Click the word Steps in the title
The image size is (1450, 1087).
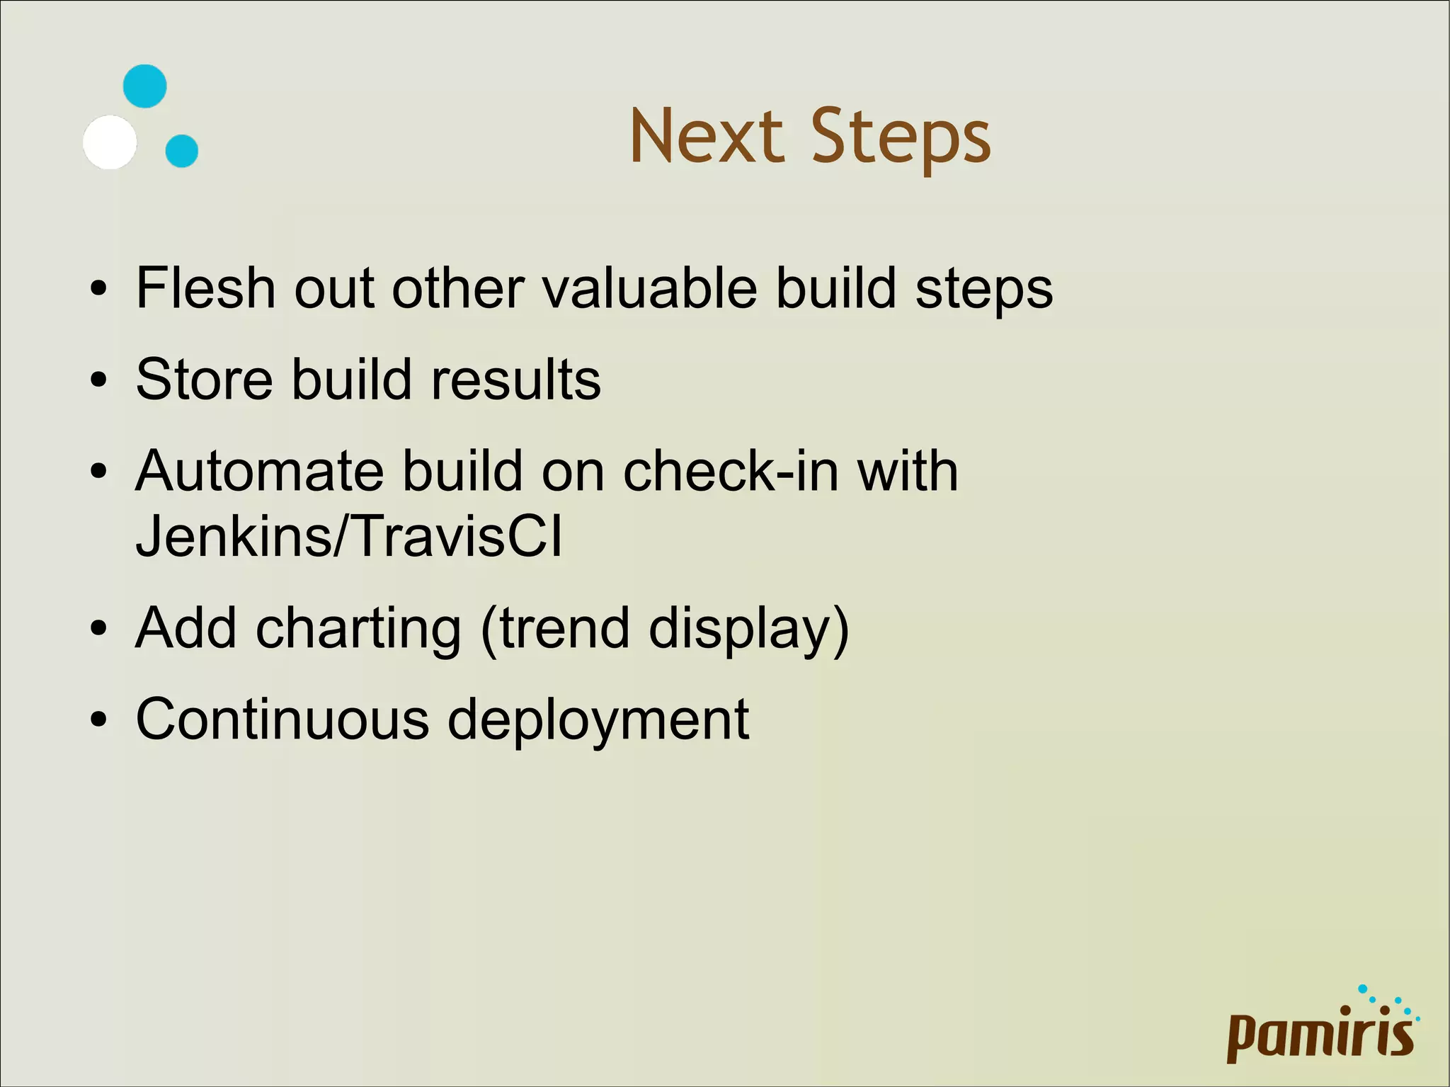coord(900,139)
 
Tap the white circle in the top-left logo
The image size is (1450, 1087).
coord(110,142)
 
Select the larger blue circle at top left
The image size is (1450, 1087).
coord(145,86)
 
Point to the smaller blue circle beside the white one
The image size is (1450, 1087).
coord(182,151)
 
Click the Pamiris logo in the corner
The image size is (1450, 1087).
coord(1321,1030)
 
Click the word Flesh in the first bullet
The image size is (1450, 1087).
coord(205,288)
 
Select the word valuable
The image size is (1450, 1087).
coord(649,288)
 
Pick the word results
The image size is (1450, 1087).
coord(516,380)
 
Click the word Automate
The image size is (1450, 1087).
coord(259,471)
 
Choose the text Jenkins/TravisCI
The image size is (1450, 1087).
coord(348,536)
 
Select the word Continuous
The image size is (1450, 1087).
coord(282,719)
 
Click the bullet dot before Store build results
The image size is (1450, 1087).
coord(98,381)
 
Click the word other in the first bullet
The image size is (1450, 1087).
coord(458,288)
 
